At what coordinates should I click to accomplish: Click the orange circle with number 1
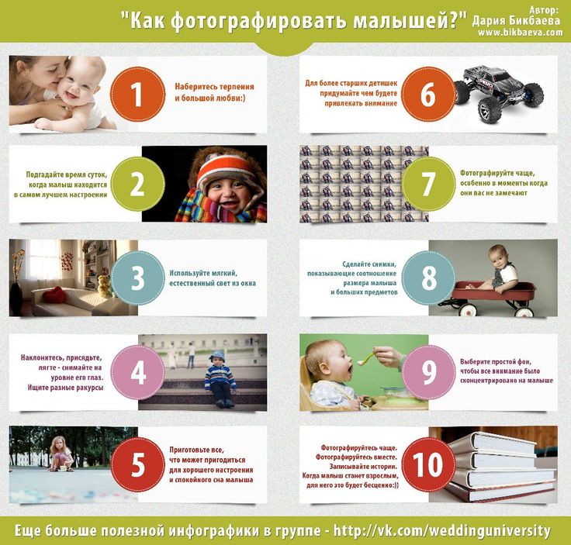pyautogui.click(x=137, y=95)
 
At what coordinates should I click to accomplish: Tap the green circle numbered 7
pyautogui.click(x=428, y=184)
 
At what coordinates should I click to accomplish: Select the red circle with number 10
pyautogui.click(x=428, y=464)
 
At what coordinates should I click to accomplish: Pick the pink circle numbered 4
pyautogui.click(x=137, y=372)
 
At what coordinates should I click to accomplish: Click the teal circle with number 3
pyautogui.click(x=137, y=278)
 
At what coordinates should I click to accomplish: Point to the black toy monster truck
pyautogui.click(x=498, y=93)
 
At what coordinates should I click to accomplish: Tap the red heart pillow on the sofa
pyautogui.click(x=54, y=295)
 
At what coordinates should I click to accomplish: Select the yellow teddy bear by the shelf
pyautogui.click(x=105, y=286)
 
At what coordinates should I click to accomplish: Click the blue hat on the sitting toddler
pyautogui.click(x=217, y=356)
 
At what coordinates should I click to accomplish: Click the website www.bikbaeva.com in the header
pyautogui.click(x=521, y=33)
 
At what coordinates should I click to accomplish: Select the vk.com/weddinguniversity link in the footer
pyautogui.click(x=441, y=531)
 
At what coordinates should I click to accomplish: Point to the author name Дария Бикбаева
pyautogui.click(x=516, y=21)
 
